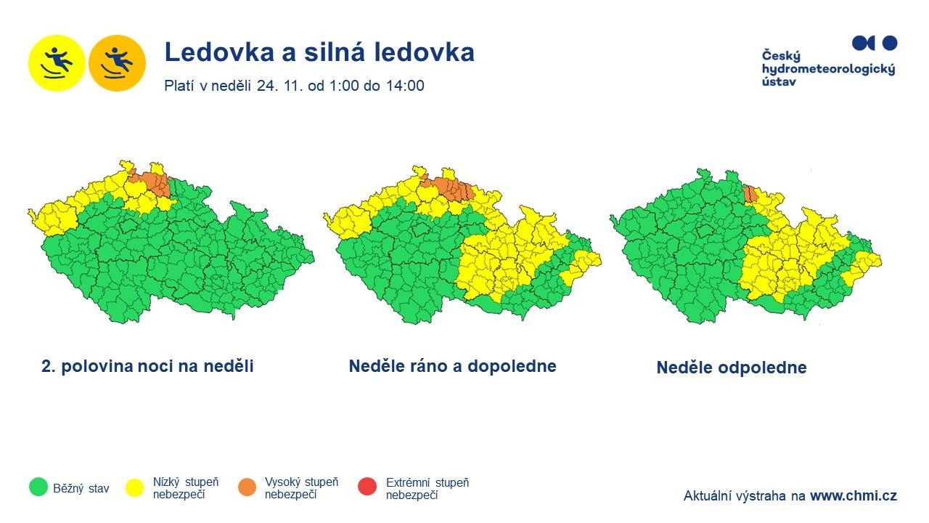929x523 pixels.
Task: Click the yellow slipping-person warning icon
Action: pyautogui.click(x=57, y=62)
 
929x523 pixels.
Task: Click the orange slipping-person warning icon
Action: pyautogui.click(x=117, y=62)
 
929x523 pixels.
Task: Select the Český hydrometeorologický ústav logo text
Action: pyautogui.click(x=828, y=68)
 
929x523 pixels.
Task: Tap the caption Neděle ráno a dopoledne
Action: pyautogui.click(x=452, y=366)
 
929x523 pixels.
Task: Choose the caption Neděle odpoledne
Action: pyautogui.click(x=731, y=368)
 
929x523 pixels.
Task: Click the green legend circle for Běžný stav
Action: pyautogui.click(x=38, y=487)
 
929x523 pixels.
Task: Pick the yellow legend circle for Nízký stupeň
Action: pyautogui.click(x=135, y=487)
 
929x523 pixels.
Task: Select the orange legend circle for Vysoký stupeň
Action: pyautogui.click(x=247, y=487)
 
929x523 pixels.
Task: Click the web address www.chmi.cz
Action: pyautogui.click(x=853, y=496)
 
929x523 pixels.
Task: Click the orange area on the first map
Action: pyautogui.click(x=154, y=182)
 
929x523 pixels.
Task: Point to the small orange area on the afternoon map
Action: pyautogui.click(x=750, y=193)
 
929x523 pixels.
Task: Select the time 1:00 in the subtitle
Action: pyautogui.click(x=343, y=86)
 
